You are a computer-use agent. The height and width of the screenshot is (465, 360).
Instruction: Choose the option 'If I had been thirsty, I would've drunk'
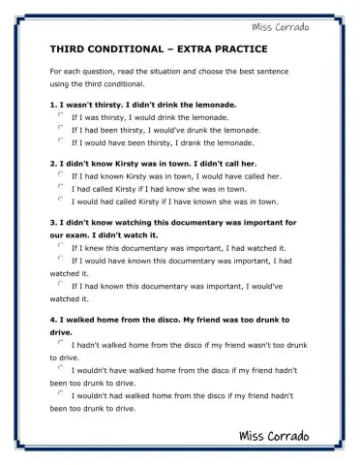point(62,127)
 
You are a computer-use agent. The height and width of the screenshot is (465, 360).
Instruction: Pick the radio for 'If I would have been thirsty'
point(62,139)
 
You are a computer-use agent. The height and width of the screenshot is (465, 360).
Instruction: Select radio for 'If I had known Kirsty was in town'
point(62,175)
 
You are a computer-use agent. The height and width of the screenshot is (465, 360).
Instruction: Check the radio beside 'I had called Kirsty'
point(62,187)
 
